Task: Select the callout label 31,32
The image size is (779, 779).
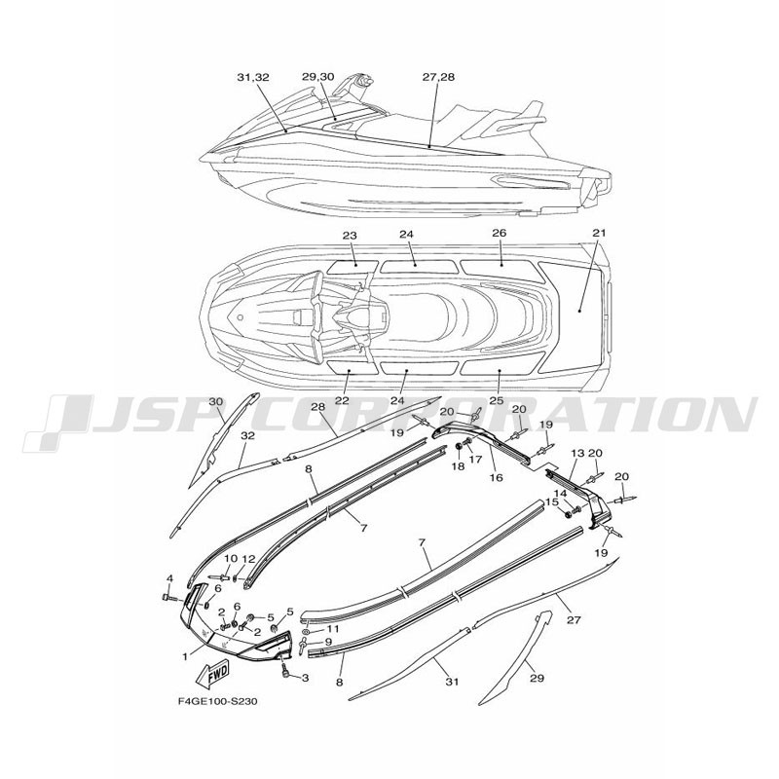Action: (x=253, y=78)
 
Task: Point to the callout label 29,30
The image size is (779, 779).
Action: (x=318, y=77)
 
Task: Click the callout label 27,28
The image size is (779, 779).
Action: (x=438, y=77)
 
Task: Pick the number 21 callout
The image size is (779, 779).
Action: (x=599, y=233)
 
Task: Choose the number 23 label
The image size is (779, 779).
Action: (x=350, y=235)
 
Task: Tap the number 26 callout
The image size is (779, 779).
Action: (x=500, y=233)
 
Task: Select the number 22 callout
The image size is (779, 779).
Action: (x=342, y=400)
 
